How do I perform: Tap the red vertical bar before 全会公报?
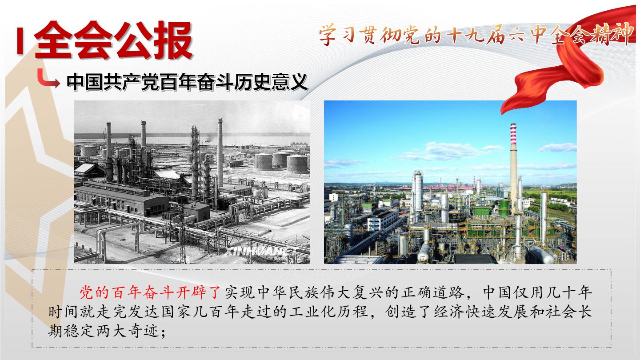point(20,41)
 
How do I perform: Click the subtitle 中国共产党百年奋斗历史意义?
point(187,82)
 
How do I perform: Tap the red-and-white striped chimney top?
point(513,134)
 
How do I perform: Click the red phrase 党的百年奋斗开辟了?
point(150,292)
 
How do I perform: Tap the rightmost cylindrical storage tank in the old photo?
point(298,164)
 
